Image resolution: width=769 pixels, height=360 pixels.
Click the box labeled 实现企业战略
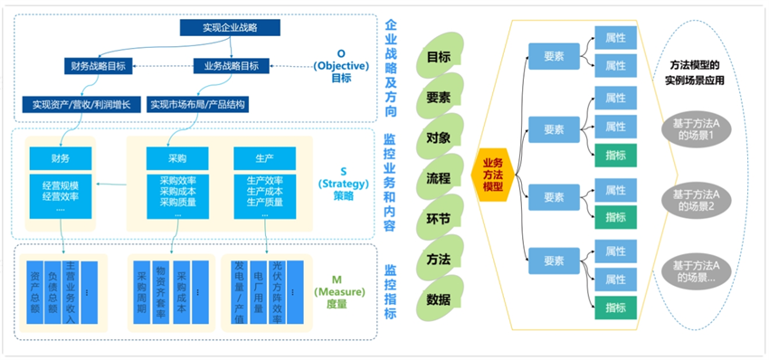[x=217, y=28]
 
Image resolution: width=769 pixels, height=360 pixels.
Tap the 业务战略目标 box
[x=232, y=65]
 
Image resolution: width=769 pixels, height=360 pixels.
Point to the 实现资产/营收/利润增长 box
[x=81, y=104]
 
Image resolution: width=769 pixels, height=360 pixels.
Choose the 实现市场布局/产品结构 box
[x=199, y=104]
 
